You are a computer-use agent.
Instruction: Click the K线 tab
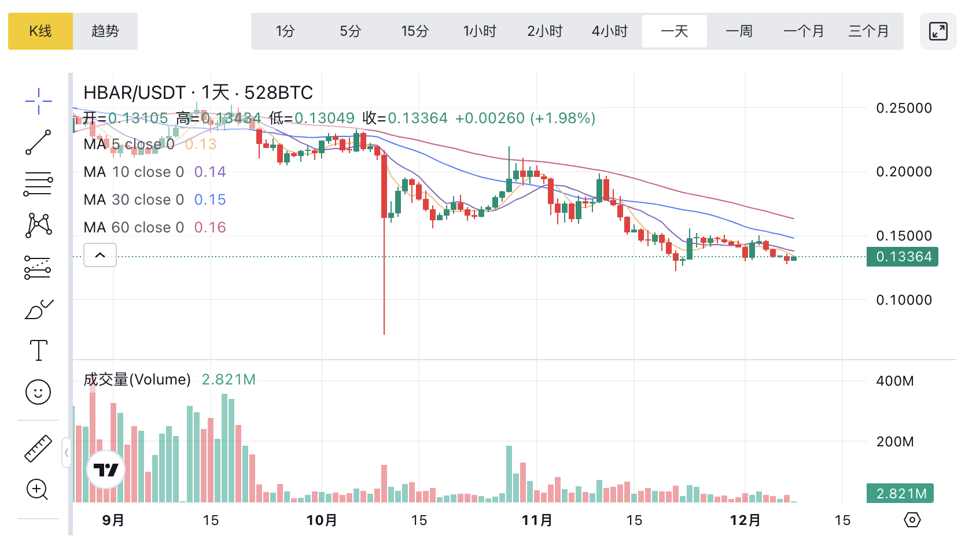tap(40, 31)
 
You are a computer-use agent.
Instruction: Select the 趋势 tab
tap(105, 31)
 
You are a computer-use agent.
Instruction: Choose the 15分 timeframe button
tap(415, 31)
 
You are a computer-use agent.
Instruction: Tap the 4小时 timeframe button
tap(609, 31)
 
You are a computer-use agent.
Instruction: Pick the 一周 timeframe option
tap(739, 31)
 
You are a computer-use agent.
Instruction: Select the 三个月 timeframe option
tap(868, 31)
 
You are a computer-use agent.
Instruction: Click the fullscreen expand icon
tap(938, 31)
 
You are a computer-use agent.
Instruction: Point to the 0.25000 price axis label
tap(904, 108)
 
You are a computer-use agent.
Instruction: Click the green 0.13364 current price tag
tap(903, 257)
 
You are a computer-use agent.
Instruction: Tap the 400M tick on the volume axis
tap(894, 381)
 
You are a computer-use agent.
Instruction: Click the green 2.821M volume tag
tap(900, 494)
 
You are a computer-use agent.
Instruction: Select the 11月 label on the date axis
tap(537, 520)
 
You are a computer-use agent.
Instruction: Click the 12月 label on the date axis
tap(745, 520)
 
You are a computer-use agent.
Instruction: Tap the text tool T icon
tap(38, 350)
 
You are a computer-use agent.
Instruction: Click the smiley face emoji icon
tap(38, 393)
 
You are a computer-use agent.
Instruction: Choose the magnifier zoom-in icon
tap(38, 490)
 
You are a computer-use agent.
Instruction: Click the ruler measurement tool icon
tap(38, 448)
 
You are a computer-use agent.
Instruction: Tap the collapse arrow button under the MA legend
tap(100, 255)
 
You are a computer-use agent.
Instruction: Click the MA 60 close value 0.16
tap(210, 227)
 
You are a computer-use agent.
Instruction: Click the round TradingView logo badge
tap(106, 470)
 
